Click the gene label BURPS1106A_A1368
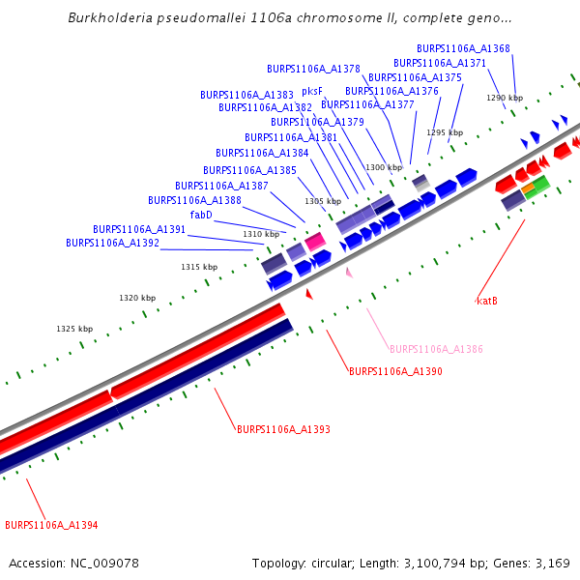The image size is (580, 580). [463, 48]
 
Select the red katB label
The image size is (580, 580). [487, 301]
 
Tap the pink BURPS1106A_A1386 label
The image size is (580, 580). [436, 349]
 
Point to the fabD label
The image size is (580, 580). [201, 215]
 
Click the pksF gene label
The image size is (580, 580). [312, 91]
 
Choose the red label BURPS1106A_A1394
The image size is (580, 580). [51, 525]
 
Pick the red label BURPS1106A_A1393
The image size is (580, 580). [283, 428]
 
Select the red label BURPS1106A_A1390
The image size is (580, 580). [395, 371]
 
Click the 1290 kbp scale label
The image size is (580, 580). [504, 98]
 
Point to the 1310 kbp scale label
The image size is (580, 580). [261, 234]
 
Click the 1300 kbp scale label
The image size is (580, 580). [383, 167]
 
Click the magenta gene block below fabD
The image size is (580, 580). [315, 242]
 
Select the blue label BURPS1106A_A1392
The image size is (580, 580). [112, 243]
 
